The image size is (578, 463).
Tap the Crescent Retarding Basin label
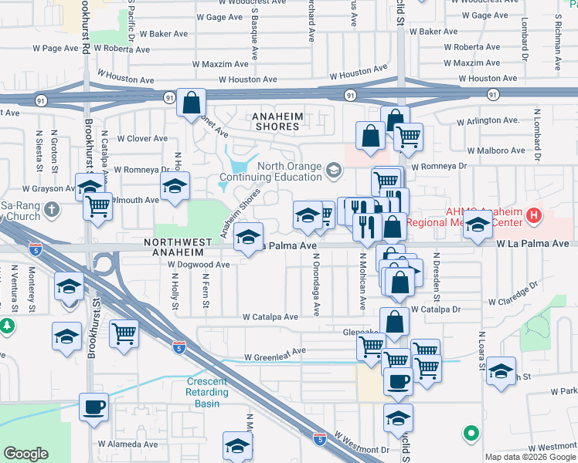point(207,392)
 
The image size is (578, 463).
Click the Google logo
point(26,454)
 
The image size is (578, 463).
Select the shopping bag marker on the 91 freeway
point(191,102)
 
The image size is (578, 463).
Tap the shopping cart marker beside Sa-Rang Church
point(98,206)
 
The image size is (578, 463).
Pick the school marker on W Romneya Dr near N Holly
point(175,186)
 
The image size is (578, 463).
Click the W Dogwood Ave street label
point(199,264)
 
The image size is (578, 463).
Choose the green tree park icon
point(7,326)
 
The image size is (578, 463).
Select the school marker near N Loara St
point(501,371)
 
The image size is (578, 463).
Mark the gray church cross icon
point(51,209)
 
